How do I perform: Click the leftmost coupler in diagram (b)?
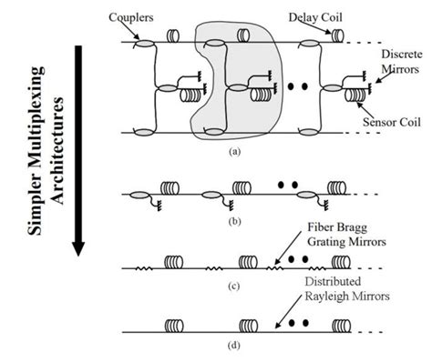[139, 194]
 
